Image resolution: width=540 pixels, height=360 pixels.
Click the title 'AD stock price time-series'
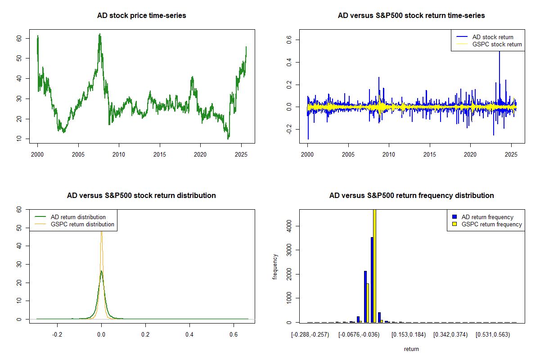tap(141, 16)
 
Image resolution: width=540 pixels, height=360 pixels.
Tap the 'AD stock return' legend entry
tap(492, 37)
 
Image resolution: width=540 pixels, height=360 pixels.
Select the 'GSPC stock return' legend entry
tap(497, 44)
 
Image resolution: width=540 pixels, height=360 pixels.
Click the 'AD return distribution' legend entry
tap(78, 217)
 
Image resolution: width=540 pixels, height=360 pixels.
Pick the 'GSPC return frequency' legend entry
tap(491, 224)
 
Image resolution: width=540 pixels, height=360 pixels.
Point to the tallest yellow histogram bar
tap(375, 265)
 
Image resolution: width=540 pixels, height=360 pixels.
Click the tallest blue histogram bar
tap(372, 279)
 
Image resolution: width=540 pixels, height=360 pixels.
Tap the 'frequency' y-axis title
tap(275, 267)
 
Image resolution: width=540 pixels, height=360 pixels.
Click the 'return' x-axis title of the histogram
tap(411, 349)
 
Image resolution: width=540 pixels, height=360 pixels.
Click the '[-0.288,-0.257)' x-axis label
tap(310, 335)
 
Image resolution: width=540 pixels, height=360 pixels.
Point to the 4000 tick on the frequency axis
tap(288, 225)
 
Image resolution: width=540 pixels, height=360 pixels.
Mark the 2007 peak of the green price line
tap(99, 35)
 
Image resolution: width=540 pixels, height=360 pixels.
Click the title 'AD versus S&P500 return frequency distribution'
tap(411, 196)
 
